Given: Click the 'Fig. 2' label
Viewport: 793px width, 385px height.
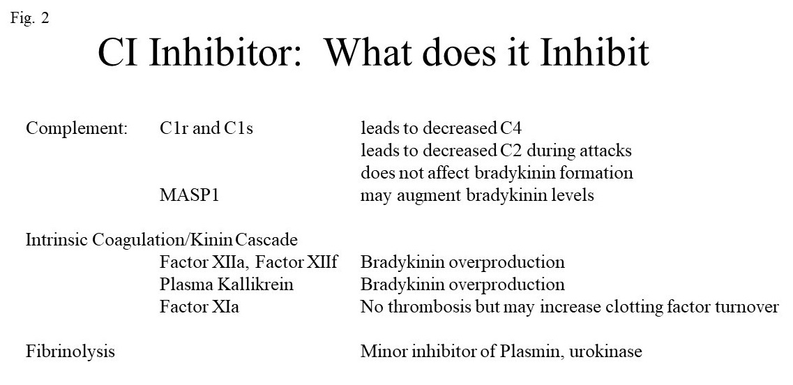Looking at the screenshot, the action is coord(30,19).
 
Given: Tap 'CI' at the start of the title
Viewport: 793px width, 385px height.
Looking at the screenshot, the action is coord(117,52).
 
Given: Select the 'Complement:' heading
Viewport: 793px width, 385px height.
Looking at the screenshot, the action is coord(76,129).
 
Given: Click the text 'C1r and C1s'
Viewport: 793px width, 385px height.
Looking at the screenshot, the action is coord(206,128).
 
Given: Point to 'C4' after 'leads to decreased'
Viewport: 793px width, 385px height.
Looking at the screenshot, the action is coord(511,128).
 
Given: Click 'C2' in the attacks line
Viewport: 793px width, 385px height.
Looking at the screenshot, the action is coord(511,151).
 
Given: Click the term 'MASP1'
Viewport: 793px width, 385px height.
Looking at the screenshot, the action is coord(190,195).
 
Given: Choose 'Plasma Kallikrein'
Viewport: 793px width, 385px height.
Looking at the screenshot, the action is coord(227,285).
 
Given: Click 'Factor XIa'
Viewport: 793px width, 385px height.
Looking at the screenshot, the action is coord(199,307).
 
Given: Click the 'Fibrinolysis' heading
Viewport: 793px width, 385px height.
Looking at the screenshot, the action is coord(70,352).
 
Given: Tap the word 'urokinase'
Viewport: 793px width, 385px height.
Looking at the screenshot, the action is coord(605,352).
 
